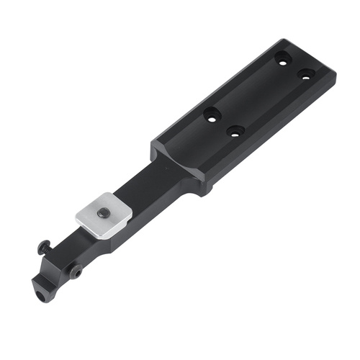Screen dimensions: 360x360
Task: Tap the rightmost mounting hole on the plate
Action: click(x=306, y=73)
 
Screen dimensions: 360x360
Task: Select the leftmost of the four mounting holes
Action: click(x=212, y=114)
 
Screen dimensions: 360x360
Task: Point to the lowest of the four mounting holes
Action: click(x=233, y=132)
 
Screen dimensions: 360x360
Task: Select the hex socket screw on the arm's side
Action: click(x=76, y=271)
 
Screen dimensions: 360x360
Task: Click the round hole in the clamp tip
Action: click(x=40, y=294)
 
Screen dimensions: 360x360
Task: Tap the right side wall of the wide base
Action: click(x=274, y=144)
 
